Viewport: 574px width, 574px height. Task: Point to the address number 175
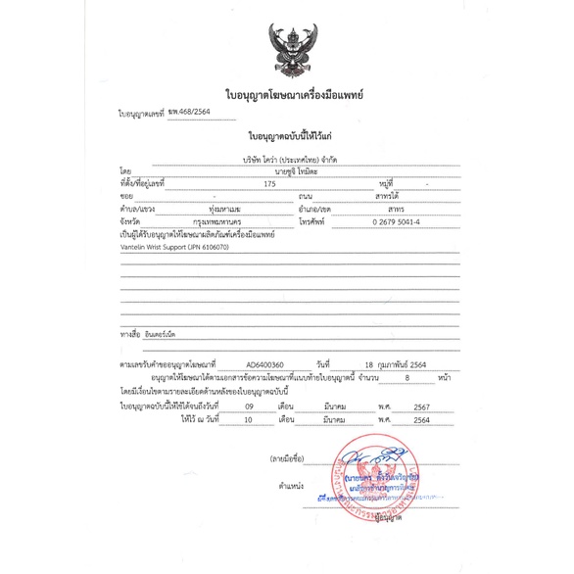270,183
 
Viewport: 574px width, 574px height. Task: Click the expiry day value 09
250,405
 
